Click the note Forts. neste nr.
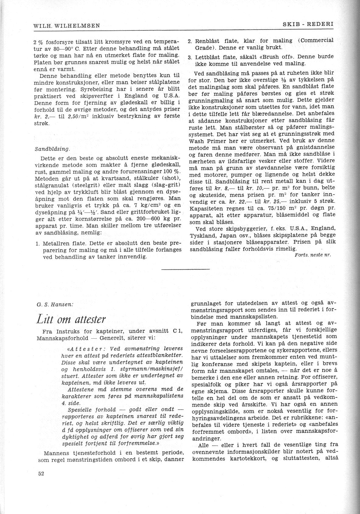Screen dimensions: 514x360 (313, 255)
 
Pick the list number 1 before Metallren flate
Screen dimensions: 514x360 (37, 244)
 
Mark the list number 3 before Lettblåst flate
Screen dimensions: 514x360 (189, 57)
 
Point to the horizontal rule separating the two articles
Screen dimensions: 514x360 (186, 269)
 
